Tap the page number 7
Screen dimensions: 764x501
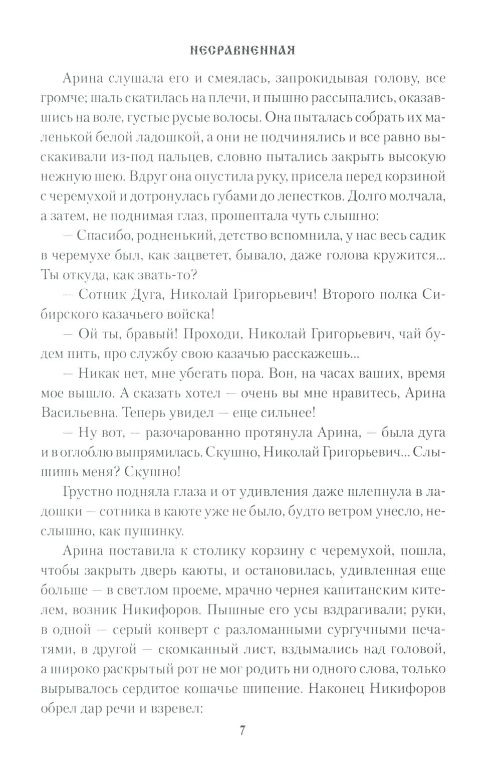click(x=242, y=730)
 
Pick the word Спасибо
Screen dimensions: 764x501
click(x=104, y=236)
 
